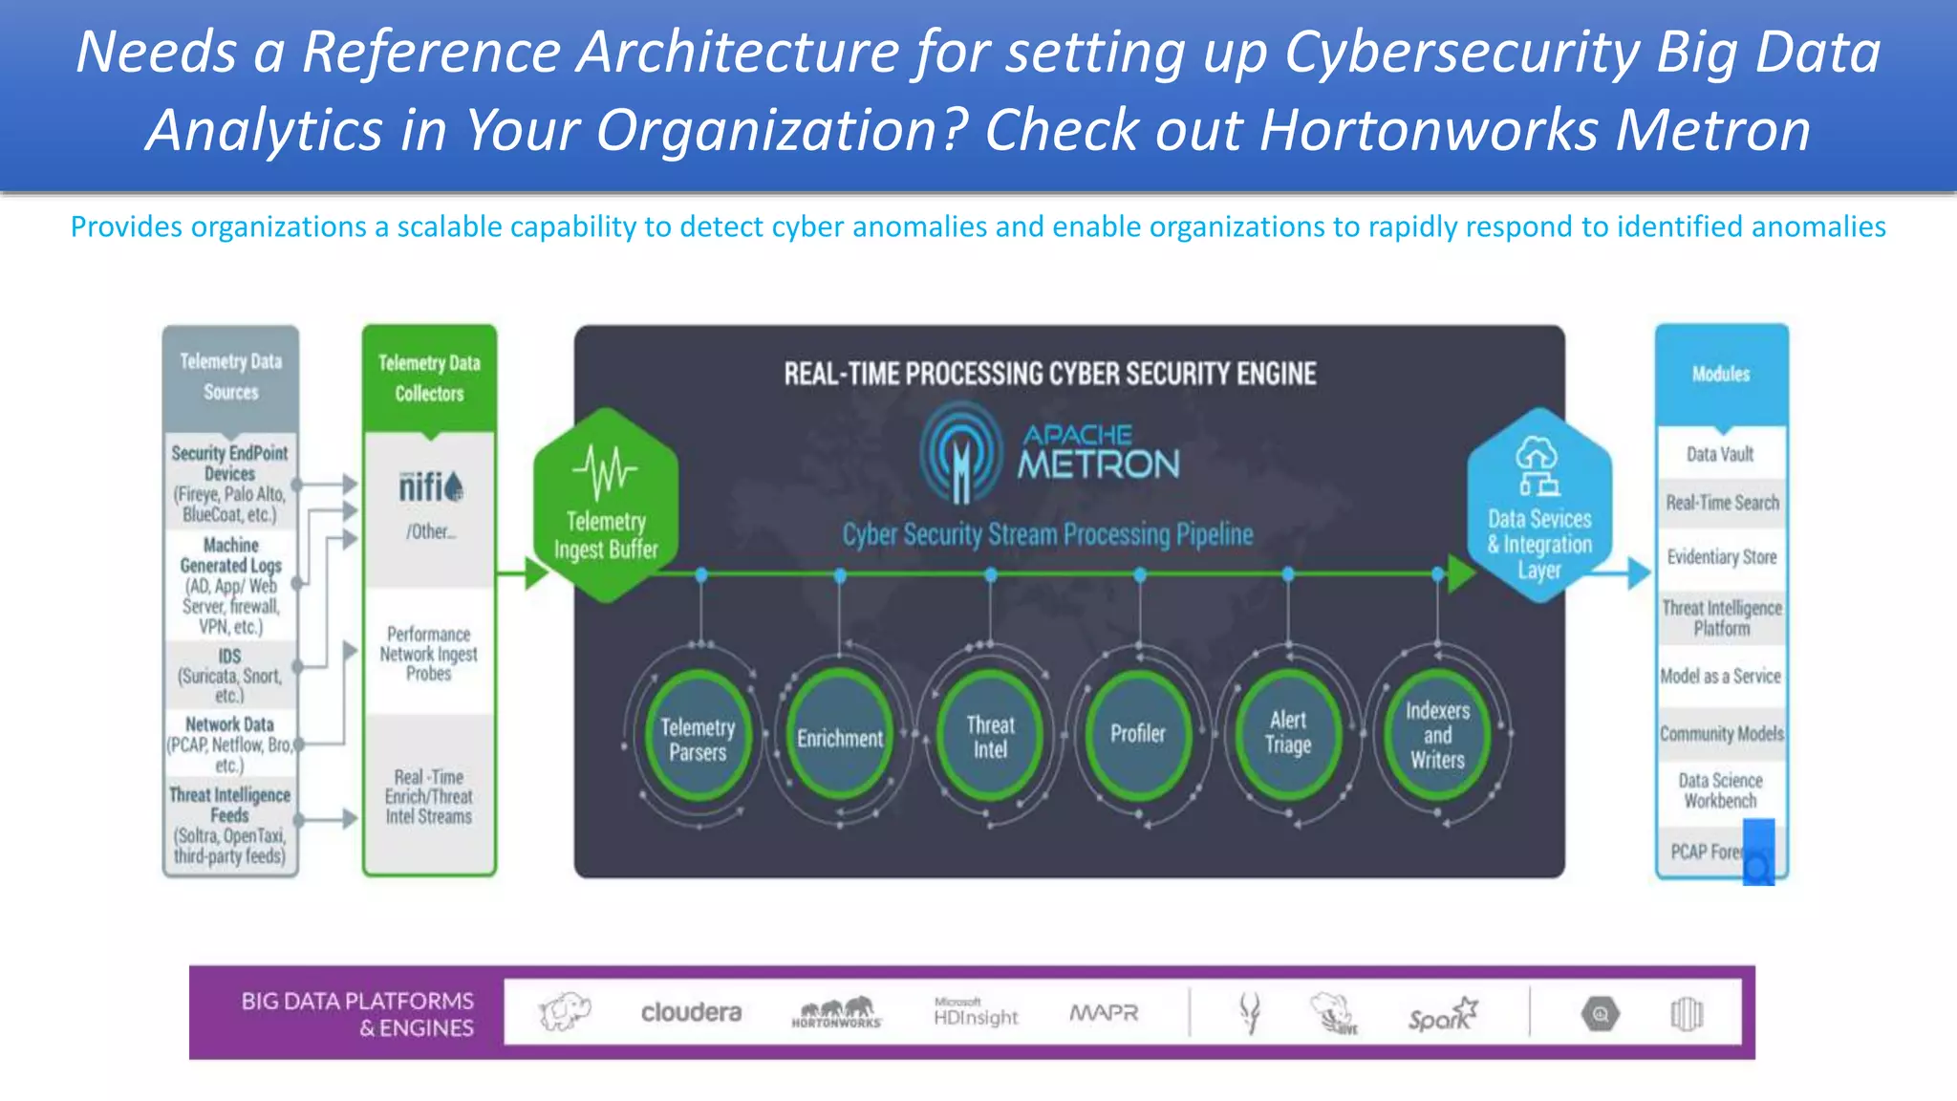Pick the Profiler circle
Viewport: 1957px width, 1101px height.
[x=1138, y=734]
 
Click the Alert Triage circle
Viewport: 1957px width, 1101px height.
[x=1287, y=734]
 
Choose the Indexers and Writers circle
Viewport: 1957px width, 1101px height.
[x=1437, y=734]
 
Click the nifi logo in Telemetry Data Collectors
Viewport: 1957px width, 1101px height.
[x=430, y=487]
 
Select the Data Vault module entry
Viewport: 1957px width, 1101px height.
[x=1720, y=454]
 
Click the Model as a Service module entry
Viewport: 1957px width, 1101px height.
[x=1720, y=677]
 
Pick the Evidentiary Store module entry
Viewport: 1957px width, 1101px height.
[x=1721, y=556]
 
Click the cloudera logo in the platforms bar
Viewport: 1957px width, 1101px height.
[x=691, y=1012]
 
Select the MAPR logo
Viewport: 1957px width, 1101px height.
[x=1104, y=1013]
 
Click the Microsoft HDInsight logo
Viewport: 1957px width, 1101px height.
[x=976, y=1013]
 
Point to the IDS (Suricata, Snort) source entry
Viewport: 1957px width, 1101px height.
[x=229, y=675]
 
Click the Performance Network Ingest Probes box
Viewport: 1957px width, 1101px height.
[x=428, y=654]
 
